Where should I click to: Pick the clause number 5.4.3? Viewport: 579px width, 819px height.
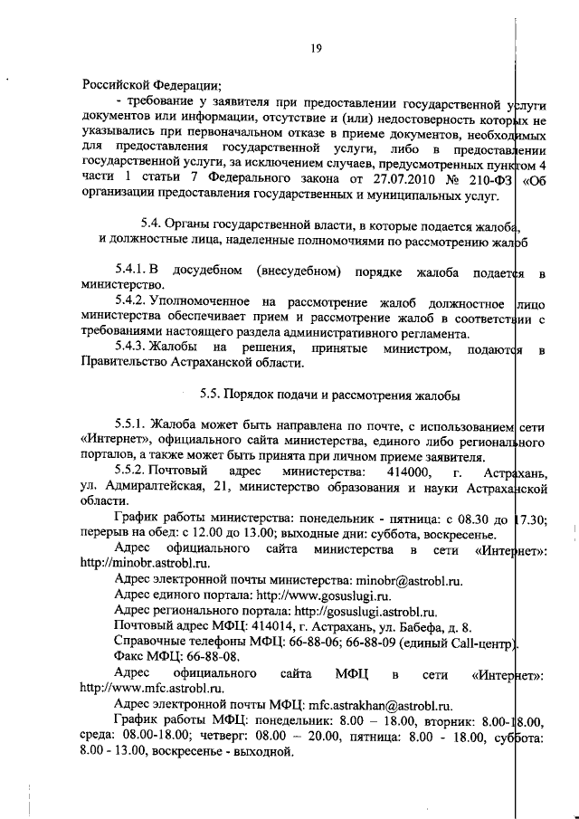pos(135,348)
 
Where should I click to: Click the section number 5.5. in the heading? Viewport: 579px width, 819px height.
pos(214,395)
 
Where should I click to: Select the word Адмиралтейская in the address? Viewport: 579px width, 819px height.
pos(156,488)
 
